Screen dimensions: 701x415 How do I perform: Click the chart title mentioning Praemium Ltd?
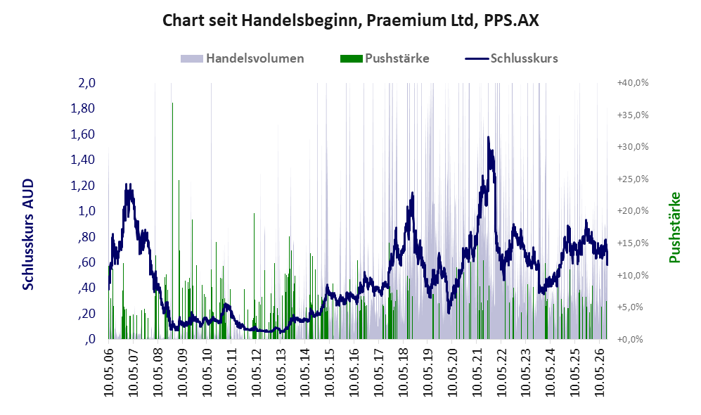[350, 20]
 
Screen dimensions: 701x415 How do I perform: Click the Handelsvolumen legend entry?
[243, 58]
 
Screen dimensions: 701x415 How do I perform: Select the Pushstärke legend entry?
[385, 58]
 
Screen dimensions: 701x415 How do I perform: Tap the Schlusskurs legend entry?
[511, 58]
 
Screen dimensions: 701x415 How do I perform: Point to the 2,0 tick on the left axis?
[86, 83]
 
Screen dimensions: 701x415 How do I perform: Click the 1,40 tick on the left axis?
[83, 160]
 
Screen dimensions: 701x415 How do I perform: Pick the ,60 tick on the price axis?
[86, 262]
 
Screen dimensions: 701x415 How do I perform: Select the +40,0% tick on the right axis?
[633, 83]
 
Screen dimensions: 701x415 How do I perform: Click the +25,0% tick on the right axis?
[633, 179]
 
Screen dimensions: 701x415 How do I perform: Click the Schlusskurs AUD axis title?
[28, 234]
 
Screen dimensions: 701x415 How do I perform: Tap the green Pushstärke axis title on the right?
[674, 227]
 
